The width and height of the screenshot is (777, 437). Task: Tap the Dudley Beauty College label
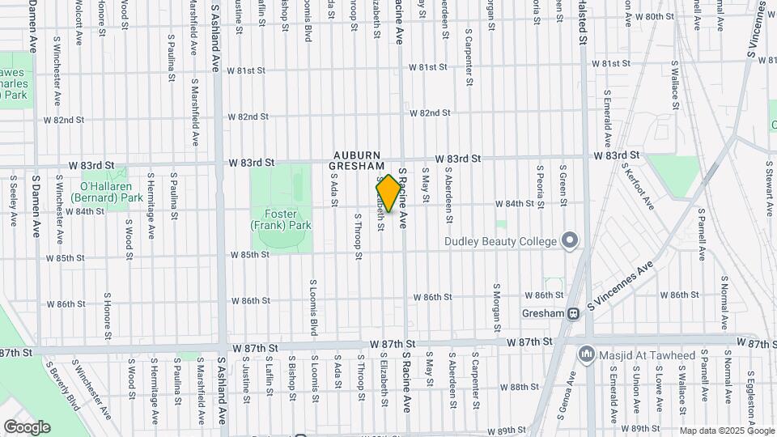(500, 241)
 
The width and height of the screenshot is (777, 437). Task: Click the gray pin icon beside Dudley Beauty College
(570, 240)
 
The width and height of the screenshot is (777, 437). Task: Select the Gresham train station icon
(573, 313)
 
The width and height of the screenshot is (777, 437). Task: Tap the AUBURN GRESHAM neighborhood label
(355, 159)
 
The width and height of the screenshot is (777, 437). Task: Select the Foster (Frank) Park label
(281, 220)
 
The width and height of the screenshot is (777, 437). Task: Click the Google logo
(27, 426)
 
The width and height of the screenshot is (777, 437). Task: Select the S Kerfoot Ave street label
(639, 186)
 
